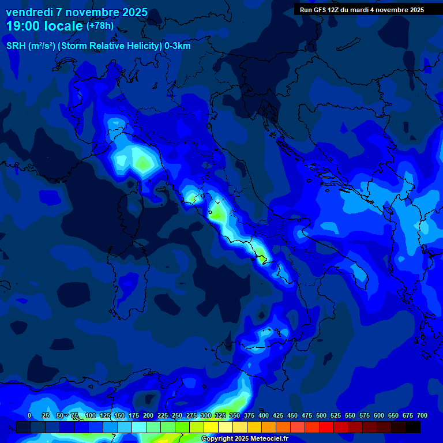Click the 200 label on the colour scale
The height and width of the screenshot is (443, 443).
click(x=148, y=415)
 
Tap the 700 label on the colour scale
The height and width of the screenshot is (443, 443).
click(x=422, y=415)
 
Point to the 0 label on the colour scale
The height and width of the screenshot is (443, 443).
click(x=29, y=415)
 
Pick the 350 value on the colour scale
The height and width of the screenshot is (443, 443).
click(x=235, y=415)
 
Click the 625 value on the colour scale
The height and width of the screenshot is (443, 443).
click(x=365, y=415)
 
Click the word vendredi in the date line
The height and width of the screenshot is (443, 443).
click(x=29, y=12)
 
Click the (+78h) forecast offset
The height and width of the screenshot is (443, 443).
click(x=100, y=26)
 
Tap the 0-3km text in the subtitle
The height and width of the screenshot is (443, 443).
click(x=177, y=46)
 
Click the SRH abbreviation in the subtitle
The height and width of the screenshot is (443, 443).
click(x=16, y=46)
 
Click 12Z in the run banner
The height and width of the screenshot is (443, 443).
click(x=333, y=10)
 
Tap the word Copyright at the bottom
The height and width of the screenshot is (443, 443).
click(x=218, y=439)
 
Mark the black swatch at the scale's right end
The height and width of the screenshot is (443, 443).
click(x=413, y=427)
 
